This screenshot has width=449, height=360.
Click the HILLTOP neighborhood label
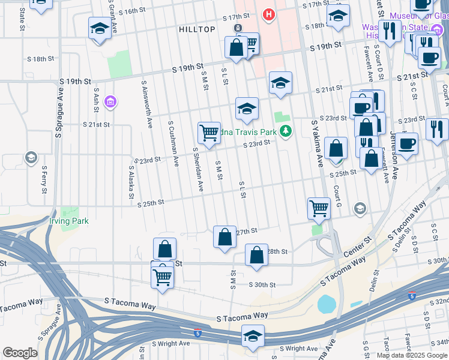pos(197,29)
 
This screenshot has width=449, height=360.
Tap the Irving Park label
pos(68,221)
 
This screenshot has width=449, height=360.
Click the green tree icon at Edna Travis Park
pos(287,130)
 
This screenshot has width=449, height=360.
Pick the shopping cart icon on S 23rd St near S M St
pos(209,131)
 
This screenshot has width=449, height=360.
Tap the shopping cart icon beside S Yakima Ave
pos(319,208)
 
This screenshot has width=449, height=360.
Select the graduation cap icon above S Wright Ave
pos(253,336)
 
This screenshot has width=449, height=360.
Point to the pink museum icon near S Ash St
pos(109,103)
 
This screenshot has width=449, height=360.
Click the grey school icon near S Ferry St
pos(31,158)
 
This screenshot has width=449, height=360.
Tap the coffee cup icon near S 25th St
pos(406,145)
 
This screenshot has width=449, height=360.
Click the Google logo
pos(20,353)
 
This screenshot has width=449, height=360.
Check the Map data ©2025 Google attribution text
pos(412,355)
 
